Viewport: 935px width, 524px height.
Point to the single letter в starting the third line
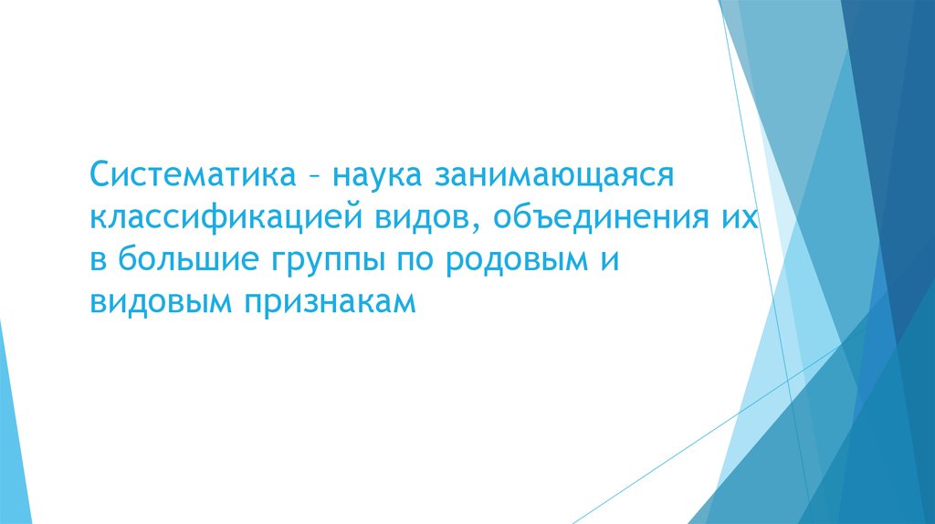(x=98, y=261)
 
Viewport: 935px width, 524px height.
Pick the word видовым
(x=161, y=304)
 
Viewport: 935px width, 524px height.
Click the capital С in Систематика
(x=100, y=173)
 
